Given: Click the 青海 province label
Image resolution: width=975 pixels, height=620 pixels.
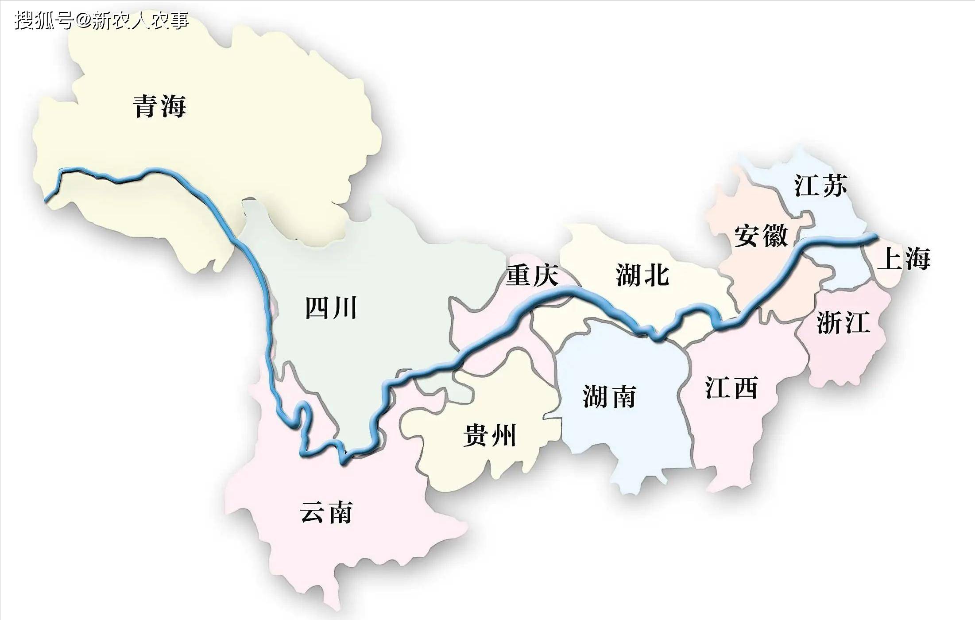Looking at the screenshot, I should tap(159, 106).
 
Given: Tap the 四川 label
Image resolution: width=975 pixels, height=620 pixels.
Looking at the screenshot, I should tap(331, 308).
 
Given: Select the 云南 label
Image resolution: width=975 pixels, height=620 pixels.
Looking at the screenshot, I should tap(326, 512).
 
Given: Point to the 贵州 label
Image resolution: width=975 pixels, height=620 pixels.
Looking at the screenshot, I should tap(490, 435).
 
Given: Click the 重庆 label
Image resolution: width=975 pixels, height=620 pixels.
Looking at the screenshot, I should tap(532, 275).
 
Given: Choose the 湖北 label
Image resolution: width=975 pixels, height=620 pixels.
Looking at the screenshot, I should tap(642, 275).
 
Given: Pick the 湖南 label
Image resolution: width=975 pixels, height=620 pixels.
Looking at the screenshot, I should tap(609, 396).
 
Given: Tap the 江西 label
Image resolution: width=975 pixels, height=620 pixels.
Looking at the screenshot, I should tap(731, 388).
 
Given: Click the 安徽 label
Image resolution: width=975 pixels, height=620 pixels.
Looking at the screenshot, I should tap(761, 236).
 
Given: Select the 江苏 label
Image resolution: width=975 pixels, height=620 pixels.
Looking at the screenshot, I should tap(820, 185).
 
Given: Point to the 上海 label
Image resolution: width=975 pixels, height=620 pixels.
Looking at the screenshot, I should tap(903, 259).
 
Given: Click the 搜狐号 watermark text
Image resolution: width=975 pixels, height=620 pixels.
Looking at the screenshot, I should tap(43, 20).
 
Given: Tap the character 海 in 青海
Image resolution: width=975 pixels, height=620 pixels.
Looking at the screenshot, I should tap(173, 106).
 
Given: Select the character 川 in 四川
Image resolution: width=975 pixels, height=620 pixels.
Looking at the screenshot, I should tap(344, 308).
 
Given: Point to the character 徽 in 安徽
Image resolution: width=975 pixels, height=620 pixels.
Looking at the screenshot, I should tap(774, 236).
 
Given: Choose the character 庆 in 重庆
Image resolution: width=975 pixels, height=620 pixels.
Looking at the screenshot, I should tap(545, 275).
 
